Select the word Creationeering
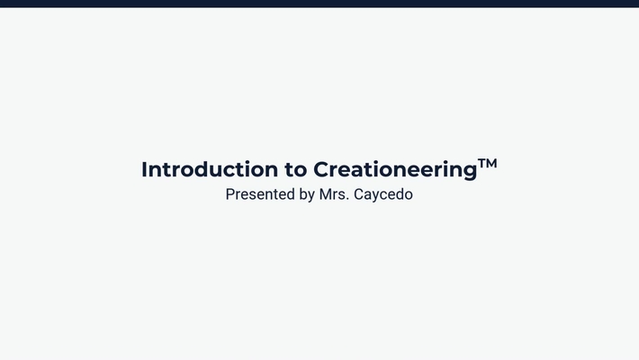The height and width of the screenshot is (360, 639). click(x=394, y=169)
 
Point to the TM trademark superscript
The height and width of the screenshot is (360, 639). click(x=487, y=164)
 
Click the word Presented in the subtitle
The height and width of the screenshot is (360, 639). click(x=259, y=193)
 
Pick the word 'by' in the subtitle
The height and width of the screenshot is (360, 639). click(x=306, y=194)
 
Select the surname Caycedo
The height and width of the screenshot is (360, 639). click(x=383, y=194)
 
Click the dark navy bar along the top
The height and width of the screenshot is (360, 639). click(x=319, y=4)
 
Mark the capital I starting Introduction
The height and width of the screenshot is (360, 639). click(x=145, y=169)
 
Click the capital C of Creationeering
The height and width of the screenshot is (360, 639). click(x=321, y=169)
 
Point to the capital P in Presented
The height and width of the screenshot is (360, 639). click(x=230, y=193)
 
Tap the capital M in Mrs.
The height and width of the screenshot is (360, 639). click(x=326, y=193)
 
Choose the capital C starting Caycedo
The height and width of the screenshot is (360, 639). click(x=359, y=193)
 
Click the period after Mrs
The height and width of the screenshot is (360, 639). click(x=347, y=198)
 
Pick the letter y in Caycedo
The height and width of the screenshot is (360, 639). click(x=378, y=196)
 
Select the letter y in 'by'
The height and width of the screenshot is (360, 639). click(x=310, y=196)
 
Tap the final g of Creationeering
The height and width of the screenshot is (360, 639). click(x=469, y=171)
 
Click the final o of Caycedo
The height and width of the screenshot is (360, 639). click(x=409, y=194)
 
